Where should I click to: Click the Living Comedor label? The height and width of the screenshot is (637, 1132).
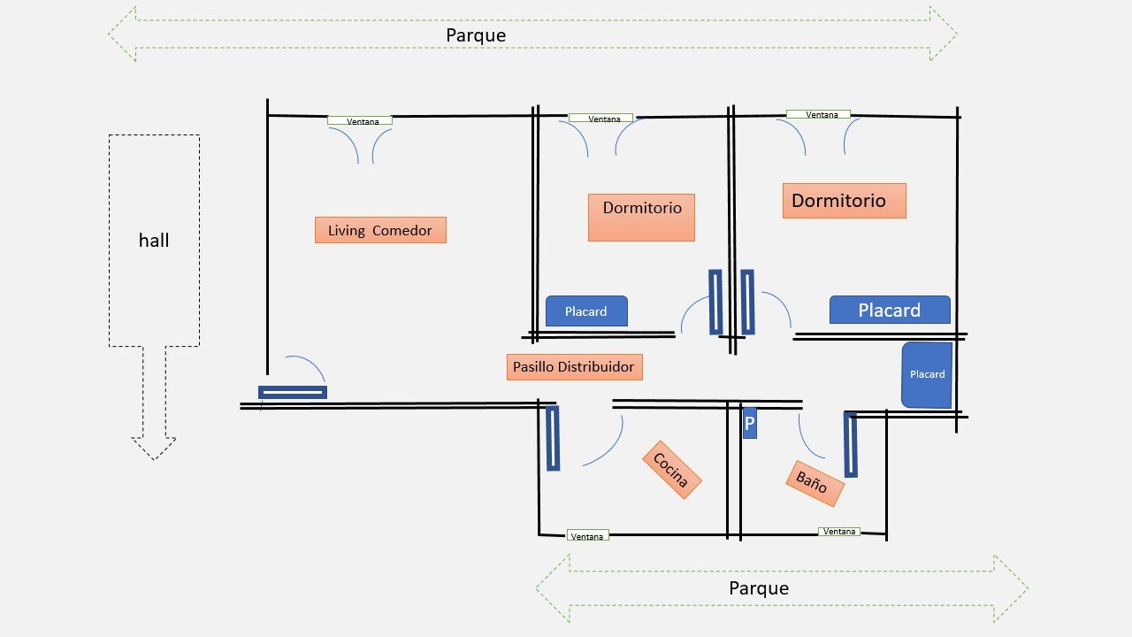(380, 230)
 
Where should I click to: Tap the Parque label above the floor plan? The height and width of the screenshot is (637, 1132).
(476, 35)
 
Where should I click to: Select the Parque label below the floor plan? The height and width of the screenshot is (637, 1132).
(758, 587)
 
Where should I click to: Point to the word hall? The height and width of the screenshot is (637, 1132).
(154, 240)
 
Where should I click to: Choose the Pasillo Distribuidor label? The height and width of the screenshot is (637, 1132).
(574, 366)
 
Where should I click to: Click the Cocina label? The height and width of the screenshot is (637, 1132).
(671, 470)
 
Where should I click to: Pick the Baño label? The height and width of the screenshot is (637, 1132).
(814, 483)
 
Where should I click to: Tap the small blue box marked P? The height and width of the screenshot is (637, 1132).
(749, 424)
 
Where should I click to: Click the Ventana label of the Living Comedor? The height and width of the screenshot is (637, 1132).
(360, 120)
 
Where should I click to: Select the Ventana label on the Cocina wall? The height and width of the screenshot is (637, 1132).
(587, 536)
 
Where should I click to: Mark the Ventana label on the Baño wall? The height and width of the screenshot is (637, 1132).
(838, 532)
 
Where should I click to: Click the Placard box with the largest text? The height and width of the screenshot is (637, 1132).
(890, 310)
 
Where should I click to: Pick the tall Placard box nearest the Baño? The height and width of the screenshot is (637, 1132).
(927, 374)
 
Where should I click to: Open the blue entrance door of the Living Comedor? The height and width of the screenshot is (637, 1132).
(293, 392)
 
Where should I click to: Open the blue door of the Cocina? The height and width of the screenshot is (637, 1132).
(553, 438)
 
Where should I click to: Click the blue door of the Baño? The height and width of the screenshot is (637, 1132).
(851, 444)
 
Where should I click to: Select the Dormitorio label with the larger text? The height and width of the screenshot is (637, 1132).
(844, 201)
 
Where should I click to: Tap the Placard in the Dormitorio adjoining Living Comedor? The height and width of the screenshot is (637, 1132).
(586, 311)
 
